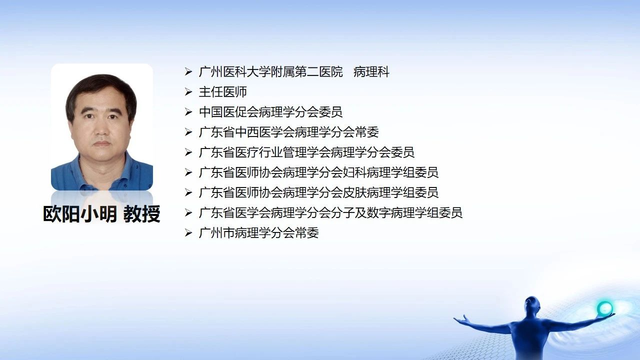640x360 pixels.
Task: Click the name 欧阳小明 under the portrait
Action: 79,213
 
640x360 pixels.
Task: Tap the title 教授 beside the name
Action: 141,213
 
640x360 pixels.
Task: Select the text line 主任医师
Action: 223,92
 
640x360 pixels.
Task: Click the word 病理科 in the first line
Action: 371,71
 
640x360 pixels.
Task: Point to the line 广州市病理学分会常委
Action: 259,233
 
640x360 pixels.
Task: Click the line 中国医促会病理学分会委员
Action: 271,112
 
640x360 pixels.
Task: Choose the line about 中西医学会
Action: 289,132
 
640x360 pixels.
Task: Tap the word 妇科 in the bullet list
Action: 354,172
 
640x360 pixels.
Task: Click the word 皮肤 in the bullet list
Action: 354,192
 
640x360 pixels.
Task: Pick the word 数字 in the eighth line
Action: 378,213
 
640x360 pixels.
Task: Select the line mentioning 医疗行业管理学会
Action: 306,152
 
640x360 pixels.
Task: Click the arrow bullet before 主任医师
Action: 188,92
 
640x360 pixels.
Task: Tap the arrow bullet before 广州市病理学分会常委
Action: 188,233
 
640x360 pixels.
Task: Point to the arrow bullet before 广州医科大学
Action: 188,71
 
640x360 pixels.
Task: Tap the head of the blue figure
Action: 532,305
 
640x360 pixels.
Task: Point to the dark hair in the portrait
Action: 100,85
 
